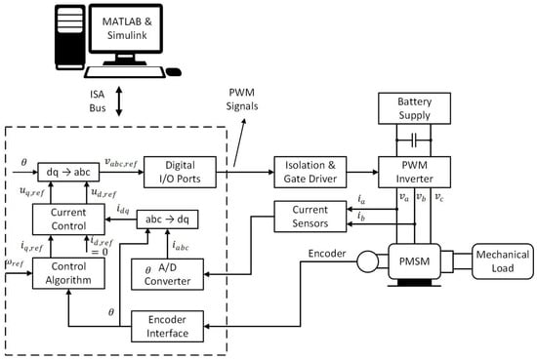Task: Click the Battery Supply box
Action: coord(414,108)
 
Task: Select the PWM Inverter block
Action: coord(414,172)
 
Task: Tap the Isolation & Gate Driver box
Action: coord(310,172)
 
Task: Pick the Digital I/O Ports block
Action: coord(180,172)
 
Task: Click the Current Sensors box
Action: coord(310,217)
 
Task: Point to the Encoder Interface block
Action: coord(167,326)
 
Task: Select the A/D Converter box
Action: coord(167,274)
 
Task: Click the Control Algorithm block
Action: coord(68,273)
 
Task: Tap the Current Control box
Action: coord(68,219)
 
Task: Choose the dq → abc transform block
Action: coord(68,172)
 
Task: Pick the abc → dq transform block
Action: coord(168,220)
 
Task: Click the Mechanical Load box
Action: coord(503,261)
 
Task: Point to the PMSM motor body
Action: coord(414,261)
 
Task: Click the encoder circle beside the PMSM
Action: coord(367,261)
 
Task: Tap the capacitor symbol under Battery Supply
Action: coord(414,140)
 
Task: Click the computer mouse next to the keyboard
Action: coord(174,72)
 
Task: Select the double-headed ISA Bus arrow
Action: coord(119,101)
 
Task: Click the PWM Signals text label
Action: coord(242,100)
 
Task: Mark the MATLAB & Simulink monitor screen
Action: coord(126,28)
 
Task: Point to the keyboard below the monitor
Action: coord(125,72)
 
